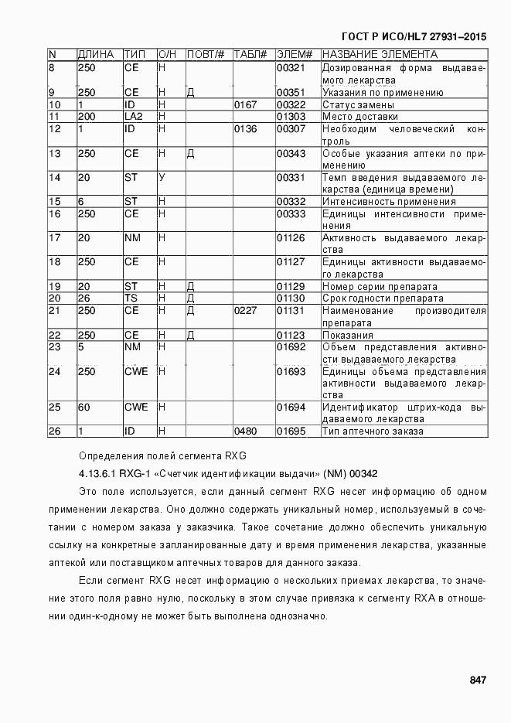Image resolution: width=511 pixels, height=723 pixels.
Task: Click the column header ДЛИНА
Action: point(96,55)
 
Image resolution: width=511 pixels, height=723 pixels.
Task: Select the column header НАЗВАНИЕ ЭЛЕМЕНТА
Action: point(380,55)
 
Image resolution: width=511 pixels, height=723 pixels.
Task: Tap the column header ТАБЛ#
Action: point(250,55)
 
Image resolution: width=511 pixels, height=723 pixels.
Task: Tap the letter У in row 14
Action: point(162,178)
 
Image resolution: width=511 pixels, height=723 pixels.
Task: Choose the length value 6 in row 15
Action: point(81,202)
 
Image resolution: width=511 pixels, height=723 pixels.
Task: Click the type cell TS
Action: point(131,298)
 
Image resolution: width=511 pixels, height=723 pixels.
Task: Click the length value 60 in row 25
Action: point(84,408)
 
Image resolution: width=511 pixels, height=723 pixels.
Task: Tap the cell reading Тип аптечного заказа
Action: point(372,431)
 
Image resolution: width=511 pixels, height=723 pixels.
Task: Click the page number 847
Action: point(477,680)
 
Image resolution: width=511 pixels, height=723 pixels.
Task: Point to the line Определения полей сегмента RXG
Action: point(162,455)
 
